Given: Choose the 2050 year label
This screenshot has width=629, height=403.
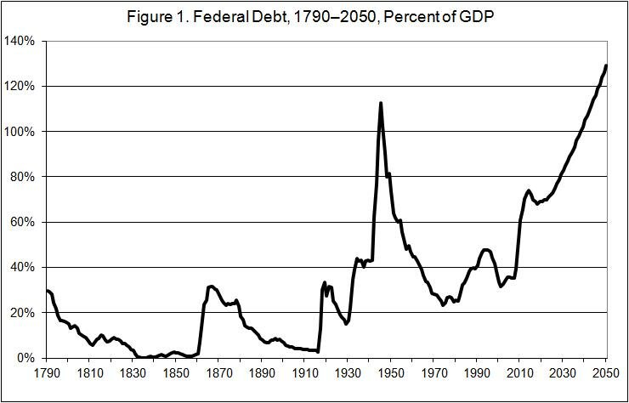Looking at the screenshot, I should click(605, 373).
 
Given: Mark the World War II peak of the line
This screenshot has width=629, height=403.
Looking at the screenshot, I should click(380, 103).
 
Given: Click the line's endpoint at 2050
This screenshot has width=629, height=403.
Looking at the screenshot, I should click(606, 65).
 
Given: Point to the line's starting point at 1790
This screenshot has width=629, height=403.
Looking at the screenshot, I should click(47, 290).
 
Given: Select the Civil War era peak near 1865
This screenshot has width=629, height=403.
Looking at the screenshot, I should click(211, 287).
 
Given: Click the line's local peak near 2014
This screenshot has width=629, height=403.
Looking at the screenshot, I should click(528, 190).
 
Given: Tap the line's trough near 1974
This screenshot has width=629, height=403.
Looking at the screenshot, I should click(443, 305).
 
